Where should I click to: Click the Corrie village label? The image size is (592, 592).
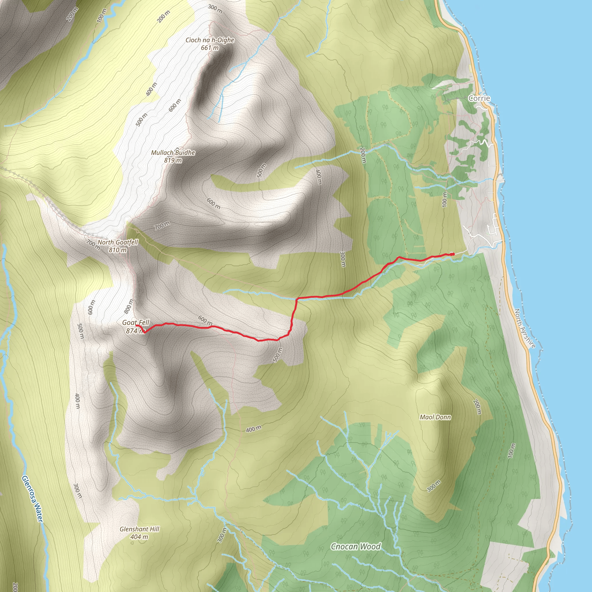pyautogui.click(x=479, y=98)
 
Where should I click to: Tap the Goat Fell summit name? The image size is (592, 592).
pyautogui.click(x=136, y=322)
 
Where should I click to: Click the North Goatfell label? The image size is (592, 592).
pyautogui.click(x=118, y=242)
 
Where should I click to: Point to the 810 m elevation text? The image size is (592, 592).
pyautogui.click(x=118, y=250)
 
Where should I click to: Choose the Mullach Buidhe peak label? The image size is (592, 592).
pyautogui.click(x=173, y=153)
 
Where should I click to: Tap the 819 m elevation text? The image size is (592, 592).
pyautogui.click(x=173, y=160)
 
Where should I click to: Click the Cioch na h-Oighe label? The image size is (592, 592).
pyautogui.click(x=210, y=40)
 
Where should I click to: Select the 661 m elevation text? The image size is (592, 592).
pyautogui.click(x=210, y=48)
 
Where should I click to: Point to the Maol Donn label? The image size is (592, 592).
pyautogui.click(x=435, y=417)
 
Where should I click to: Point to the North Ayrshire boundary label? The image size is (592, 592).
pyautogui.click(x=525, y=328)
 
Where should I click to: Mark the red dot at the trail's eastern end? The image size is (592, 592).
pyautogui.click(x=453, y=254)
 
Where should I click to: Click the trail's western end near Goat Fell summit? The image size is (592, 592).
pyautogui.click(x=137, y=326)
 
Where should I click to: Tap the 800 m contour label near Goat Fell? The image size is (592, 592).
pyautogui.click(x=129, y=306)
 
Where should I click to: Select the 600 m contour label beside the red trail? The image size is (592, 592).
pyautogui.click(x=205, y=321)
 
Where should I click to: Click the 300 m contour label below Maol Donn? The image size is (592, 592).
pyautogui.click(x=434, y=486)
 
